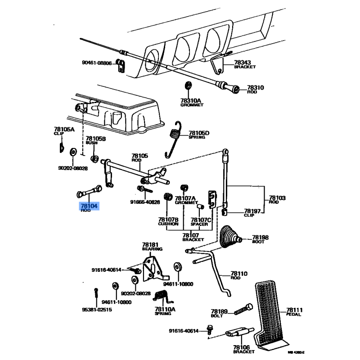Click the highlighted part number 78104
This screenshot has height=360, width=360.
[88, 206]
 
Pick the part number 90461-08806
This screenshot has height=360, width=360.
[96, 63]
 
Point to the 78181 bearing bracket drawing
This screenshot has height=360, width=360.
[152, 269]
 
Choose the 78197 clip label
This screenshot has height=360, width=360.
[252, 212]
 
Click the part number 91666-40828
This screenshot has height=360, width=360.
[145, 202]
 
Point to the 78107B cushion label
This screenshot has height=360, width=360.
[168, 221]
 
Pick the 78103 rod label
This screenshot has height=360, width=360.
[278, 200]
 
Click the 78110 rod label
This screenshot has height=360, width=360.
[239, 275]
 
